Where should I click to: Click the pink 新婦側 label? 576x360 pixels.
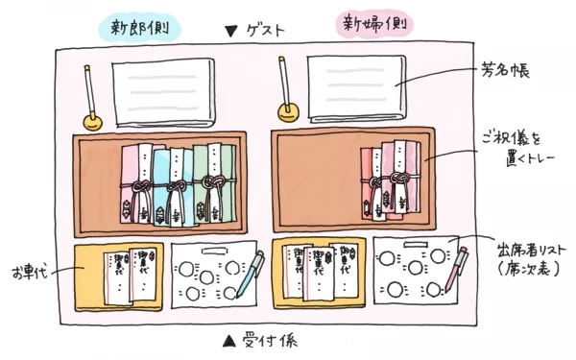tap(370, 26)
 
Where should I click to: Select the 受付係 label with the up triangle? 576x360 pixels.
tap(252, 340)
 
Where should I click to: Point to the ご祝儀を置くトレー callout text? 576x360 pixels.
tap(507, 149)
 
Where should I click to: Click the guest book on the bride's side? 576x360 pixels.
tap(354, 89)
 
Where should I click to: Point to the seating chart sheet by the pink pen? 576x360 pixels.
tap(408, 274)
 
